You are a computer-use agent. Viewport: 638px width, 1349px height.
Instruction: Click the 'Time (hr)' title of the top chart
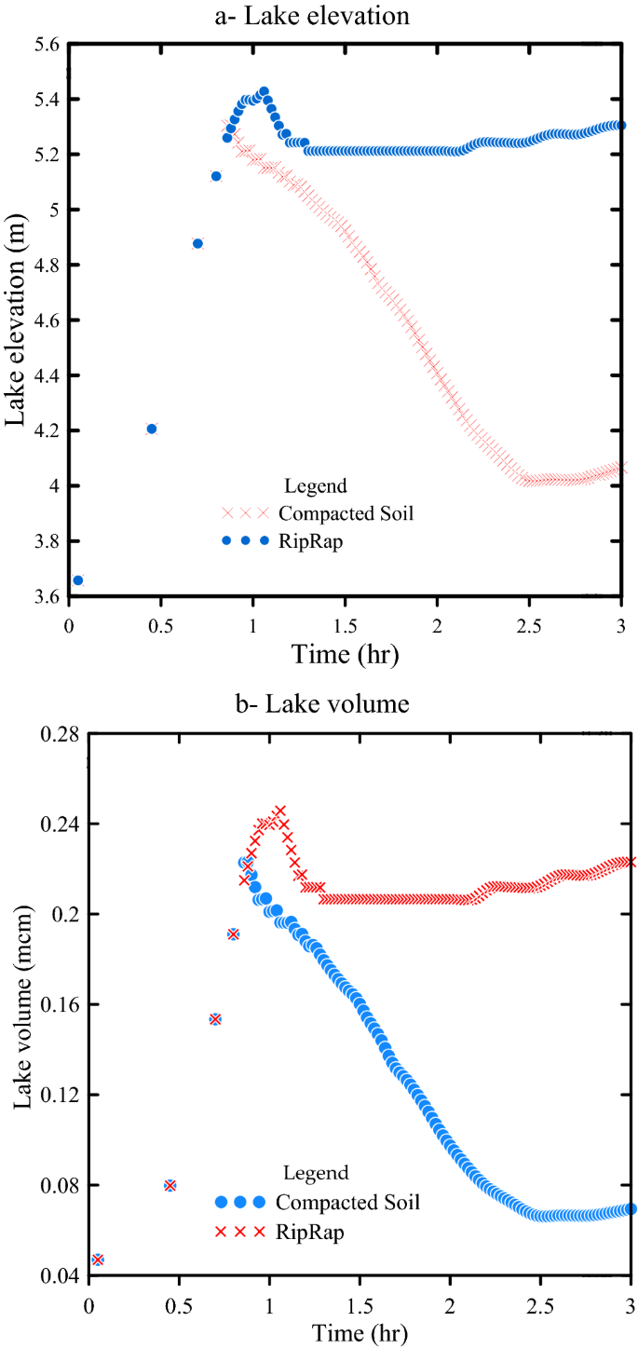(346, 654)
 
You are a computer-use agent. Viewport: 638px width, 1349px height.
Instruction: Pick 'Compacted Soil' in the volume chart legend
(348, 1203)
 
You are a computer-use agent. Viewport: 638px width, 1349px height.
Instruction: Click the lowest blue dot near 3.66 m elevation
(78, 580)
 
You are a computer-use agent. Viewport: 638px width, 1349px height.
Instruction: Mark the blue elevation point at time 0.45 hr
(152, 429)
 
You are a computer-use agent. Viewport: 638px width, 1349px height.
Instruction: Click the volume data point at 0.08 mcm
(170, 1185)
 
